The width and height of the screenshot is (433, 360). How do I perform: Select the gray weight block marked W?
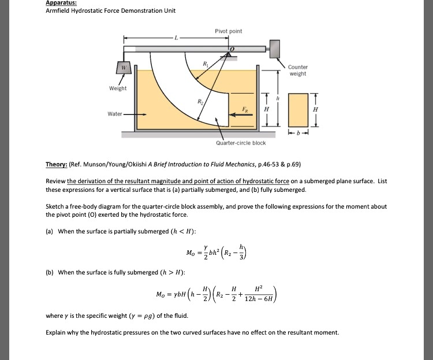(x=122, y=69)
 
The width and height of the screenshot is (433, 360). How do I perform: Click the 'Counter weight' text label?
(x=298, y=70)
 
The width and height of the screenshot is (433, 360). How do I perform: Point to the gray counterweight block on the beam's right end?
(x=273, y=48)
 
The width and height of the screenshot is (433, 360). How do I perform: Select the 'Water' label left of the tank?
(x=115, y=114)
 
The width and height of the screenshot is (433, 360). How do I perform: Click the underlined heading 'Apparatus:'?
(x=61, y=3)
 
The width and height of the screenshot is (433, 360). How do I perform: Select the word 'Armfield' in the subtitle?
(x=58, y=11)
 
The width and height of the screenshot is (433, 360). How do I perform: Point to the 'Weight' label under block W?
(x=118, y=88)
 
